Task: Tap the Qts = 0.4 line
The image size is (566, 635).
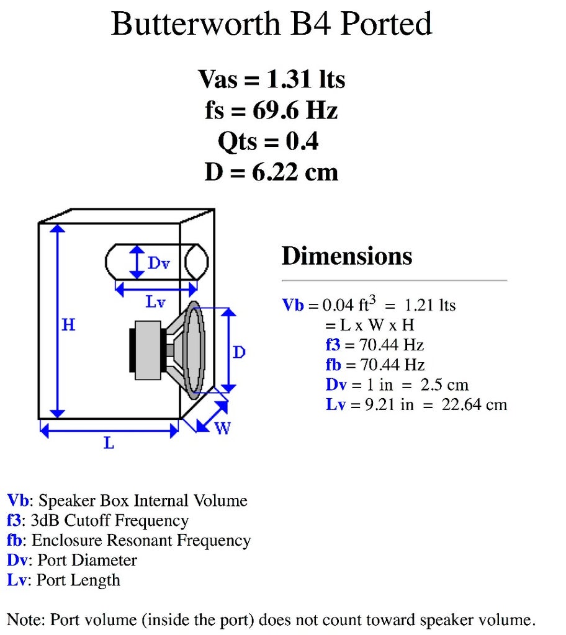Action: [268, 141]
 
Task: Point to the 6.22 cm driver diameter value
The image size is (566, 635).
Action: [295, 172]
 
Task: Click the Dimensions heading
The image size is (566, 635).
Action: [347, 256]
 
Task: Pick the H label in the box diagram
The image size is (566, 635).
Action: [68, 324]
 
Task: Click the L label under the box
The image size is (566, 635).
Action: [109, 443]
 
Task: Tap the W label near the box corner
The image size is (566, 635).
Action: [222, 428]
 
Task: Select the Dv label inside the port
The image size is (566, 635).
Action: [158, 263]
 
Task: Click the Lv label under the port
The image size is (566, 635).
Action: [156, 302]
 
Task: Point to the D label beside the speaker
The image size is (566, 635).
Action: [239, 352]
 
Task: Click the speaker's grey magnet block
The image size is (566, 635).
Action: [148, 351]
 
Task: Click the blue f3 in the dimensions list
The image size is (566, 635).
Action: [332, 345]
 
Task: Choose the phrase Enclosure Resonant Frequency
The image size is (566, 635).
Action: [141, 540]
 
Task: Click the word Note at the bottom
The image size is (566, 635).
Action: [24, 619]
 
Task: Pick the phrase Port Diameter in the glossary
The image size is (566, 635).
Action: [88, 560]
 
